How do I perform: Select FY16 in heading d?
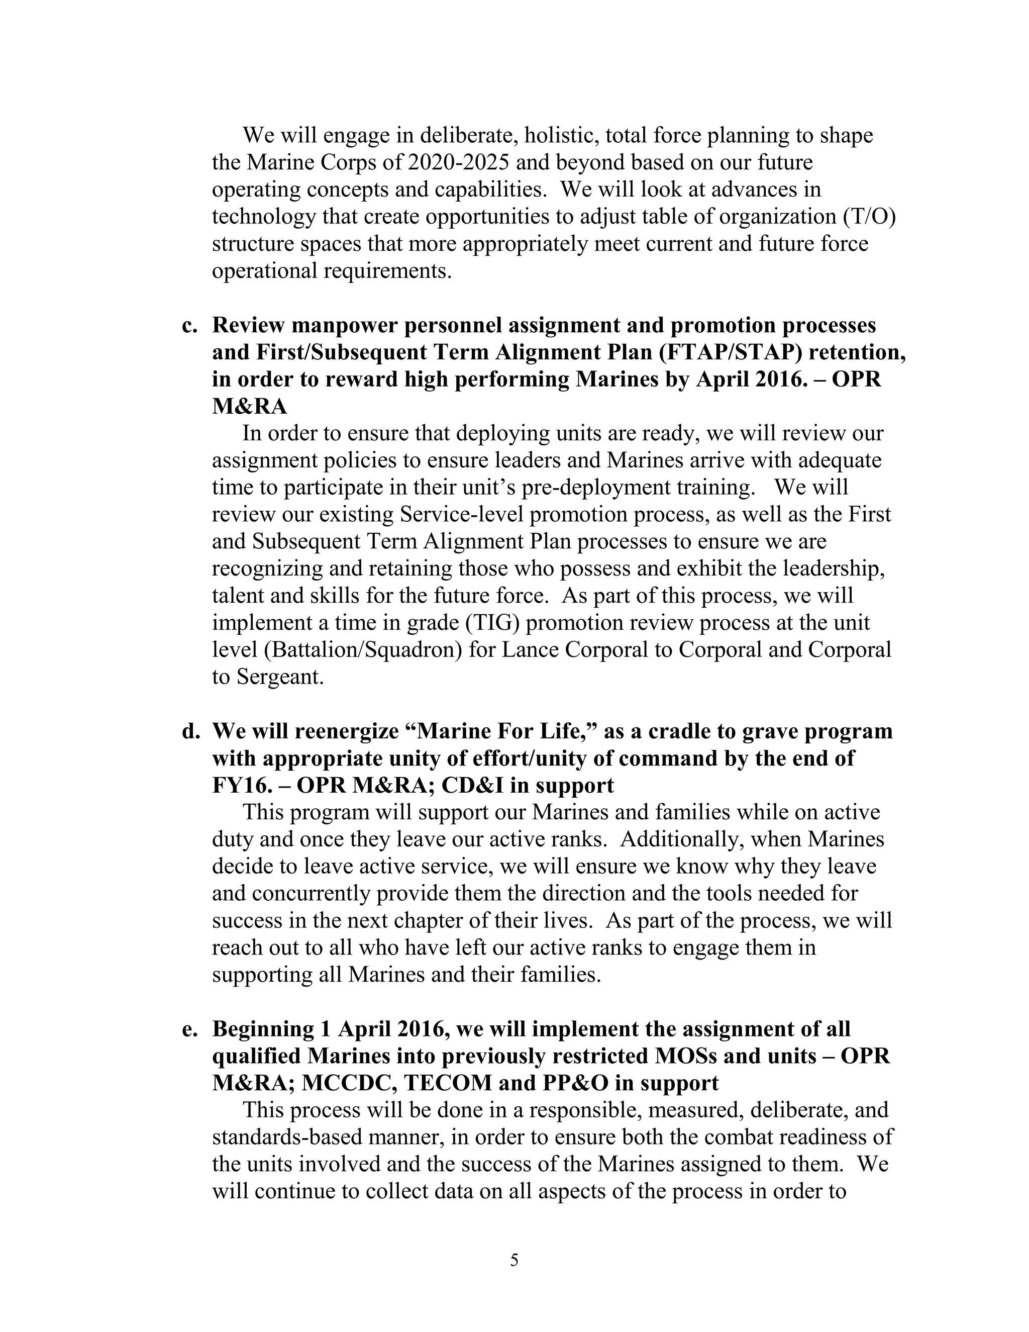[x=239, y=786]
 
